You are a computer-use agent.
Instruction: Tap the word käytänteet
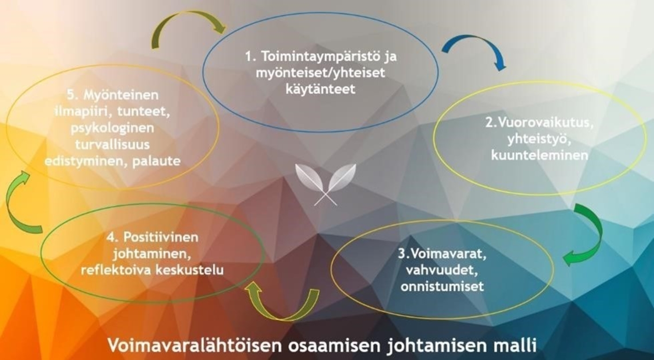click(320, 89)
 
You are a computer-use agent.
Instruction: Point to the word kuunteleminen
click(540, 155)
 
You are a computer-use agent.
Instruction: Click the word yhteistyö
click(539, 140)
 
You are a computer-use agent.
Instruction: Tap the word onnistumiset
click(442, 286)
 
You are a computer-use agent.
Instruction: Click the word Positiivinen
click(160, 237)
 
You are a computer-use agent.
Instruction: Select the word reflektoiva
click(115, 270)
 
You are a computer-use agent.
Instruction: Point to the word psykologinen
click(113, 129)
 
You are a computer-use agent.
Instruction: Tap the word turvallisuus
click(113, 145)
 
